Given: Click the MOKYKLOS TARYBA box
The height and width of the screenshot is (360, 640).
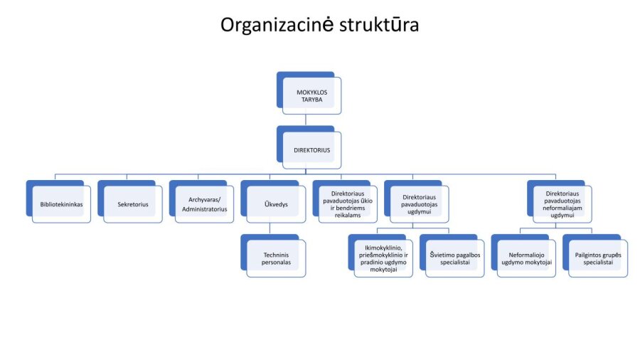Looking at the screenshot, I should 311,97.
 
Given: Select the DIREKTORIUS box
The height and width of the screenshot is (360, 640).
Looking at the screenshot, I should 311,150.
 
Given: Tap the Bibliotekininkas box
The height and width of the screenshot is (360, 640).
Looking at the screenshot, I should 61,204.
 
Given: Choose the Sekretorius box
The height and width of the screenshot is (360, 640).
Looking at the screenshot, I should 133,204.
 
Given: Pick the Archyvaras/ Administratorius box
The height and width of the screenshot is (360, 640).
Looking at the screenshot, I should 205,204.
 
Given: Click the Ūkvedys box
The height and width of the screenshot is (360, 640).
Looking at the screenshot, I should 276,204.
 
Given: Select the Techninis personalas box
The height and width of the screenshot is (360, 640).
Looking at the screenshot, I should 276,258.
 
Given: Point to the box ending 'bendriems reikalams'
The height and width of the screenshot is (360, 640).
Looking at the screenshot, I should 348,204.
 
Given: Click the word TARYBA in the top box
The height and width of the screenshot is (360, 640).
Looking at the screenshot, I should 311,101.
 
